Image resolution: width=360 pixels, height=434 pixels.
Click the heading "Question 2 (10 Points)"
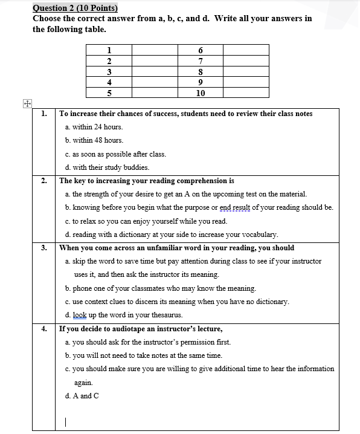click(x=76, y=8)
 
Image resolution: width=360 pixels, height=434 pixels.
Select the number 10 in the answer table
click(x=201, y=93)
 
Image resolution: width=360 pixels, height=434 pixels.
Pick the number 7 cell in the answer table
click(x=201, y=61)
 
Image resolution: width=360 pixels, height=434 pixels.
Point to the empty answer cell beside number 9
click(x=245, y=82)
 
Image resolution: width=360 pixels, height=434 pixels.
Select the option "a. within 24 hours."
click(x=94, y=127)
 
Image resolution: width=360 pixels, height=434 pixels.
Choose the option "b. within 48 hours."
click(x=94, y=140)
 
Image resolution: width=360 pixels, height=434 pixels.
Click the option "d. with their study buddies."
click(x=107, y=167)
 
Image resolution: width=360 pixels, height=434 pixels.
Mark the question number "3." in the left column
click(x=45, y=248)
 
